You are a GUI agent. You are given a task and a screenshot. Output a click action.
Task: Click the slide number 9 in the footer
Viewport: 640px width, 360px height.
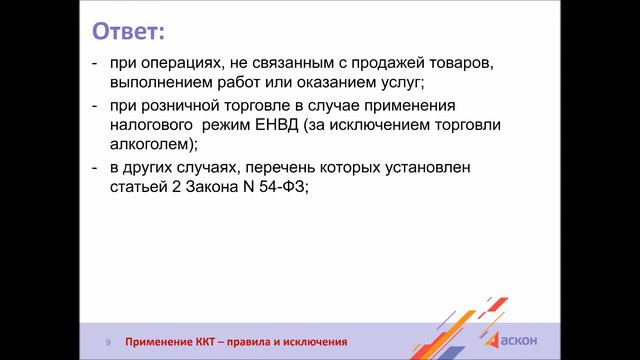point(109,342)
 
